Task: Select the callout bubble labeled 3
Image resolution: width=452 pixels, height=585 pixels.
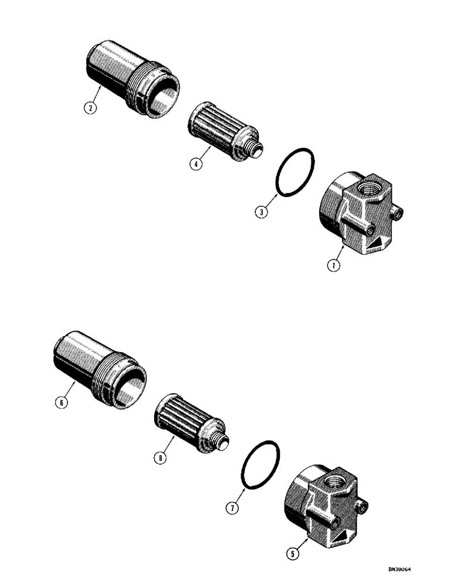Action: click(x=263, y=211)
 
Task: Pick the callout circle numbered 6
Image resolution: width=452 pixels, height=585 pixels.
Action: click(x=61, y=402)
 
